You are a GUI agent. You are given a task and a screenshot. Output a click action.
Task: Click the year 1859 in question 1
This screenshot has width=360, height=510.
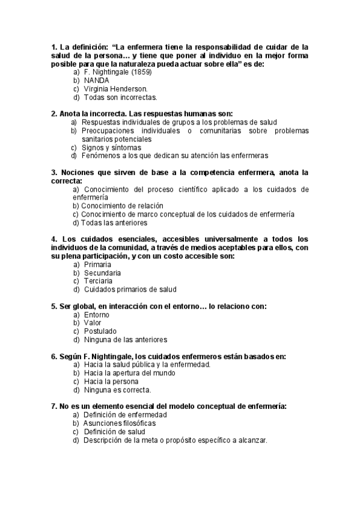click(x=140, y=72)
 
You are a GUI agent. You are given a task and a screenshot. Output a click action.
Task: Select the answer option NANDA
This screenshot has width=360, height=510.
click(x=97, y=80)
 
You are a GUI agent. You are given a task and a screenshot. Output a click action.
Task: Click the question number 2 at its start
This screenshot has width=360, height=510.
click(x=54, y=113)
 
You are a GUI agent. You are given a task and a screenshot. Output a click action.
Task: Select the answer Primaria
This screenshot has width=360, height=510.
click(x=97, y=264)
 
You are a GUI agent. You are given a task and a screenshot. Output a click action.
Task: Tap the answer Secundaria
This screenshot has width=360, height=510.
click(x=102, y=272)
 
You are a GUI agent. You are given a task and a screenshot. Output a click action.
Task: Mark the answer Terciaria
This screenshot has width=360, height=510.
click(x=99, y=281)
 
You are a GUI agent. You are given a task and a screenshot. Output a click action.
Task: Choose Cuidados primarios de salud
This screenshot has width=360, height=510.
click(x=130, y=289)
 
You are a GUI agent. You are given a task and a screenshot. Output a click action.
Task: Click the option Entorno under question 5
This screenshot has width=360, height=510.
click(x=96, y=314)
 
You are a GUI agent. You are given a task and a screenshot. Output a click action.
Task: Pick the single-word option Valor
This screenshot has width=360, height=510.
click(x=93, y=322)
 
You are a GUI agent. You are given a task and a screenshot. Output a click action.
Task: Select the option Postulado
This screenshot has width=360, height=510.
click(x=100, y=331)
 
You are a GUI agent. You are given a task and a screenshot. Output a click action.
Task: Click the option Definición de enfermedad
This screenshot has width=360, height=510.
click(x=125, y=414)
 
